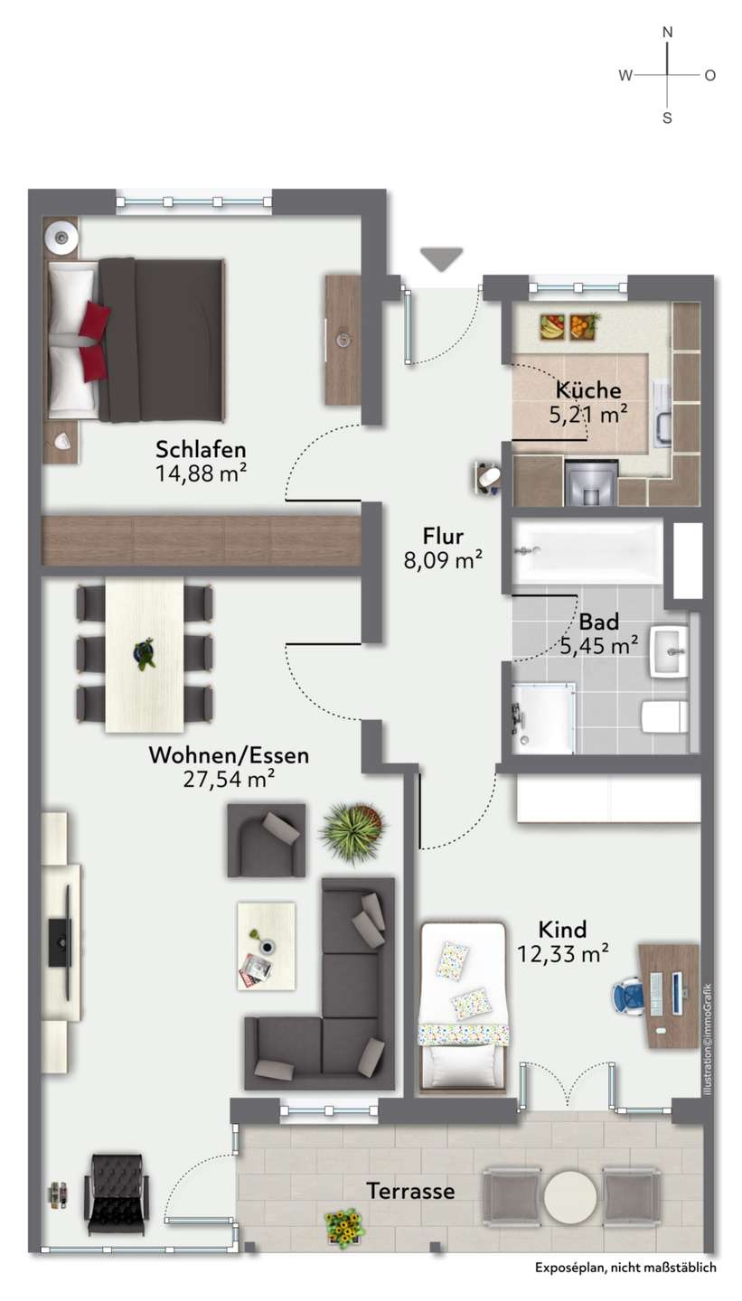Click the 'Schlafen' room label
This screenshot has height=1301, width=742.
tap(201, 449)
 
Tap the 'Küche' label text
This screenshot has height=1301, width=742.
tap(588, 389)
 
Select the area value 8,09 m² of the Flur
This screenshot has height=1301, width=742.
tap(443, 560)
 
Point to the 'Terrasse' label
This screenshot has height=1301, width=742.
tap(410, 1191)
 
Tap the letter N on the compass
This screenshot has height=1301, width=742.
tap(668, 33)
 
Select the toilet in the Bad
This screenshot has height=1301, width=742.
tap(664, 716)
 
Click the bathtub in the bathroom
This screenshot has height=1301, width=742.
tap(587, 552)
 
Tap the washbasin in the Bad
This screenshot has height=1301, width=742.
tap(670, 651)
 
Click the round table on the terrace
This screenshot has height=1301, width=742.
tap(570, 1197)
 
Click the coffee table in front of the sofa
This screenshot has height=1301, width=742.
tap(266, 946)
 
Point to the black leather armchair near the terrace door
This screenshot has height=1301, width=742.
tap(117, 1193)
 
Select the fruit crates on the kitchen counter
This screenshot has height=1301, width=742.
tap(569, 326)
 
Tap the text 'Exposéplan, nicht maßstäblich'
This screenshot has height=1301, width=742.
tap(625, 1268)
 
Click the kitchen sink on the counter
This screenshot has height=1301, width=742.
tap(662, 414)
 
